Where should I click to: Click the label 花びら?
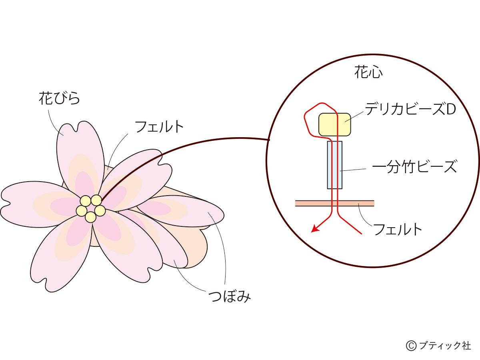click(59, 98)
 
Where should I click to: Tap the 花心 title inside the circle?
click(368, 73)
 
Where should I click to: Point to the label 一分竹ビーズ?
click(414, 166)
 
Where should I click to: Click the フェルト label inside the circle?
click(398, 230)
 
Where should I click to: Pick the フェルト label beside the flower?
click(159, 127)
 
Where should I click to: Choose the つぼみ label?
click(230, 296)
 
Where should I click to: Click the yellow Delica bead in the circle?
click(335, 124)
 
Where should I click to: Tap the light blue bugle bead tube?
click(335, 165)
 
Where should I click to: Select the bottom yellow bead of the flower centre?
click(91, 217)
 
